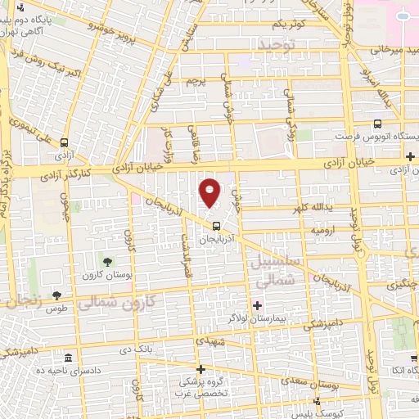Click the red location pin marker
click(211, 192)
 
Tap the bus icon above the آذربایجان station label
click(215, 227)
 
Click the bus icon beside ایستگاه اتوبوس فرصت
click(376, 125)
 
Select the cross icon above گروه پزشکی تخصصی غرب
click(201, 370)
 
